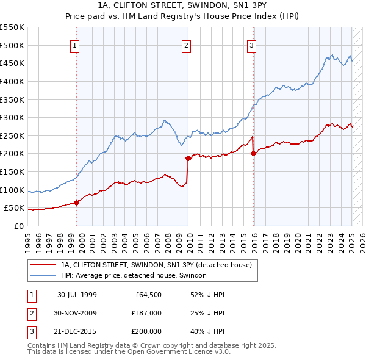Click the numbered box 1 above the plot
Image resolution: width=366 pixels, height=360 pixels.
(74, 44)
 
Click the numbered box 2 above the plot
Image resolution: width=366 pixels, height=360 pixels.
(185, 44)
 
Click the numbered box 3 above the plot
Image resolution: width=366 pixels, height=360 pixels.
(251, 44)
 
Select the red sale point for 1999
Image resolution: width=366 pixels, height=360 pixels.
(77, 203)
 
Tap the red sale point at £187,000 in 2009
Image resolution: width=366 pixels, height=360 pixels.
(188, 159)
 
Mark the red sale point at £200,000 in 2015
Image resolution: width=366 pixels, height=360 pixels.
(254, 154)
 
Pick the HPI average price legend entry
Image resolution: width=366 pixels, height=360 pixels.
(134, 275)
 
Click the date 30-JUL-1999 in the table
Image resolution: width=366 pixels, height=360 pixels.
(77, 294)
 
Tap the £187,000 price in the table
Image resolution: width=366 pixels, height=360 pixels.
(146, 313)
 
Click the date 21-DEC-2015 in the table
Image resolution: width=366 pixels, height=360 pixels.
(77, 331)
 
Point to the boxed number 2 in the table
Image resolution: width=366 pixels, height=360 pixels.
(30, 313)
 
